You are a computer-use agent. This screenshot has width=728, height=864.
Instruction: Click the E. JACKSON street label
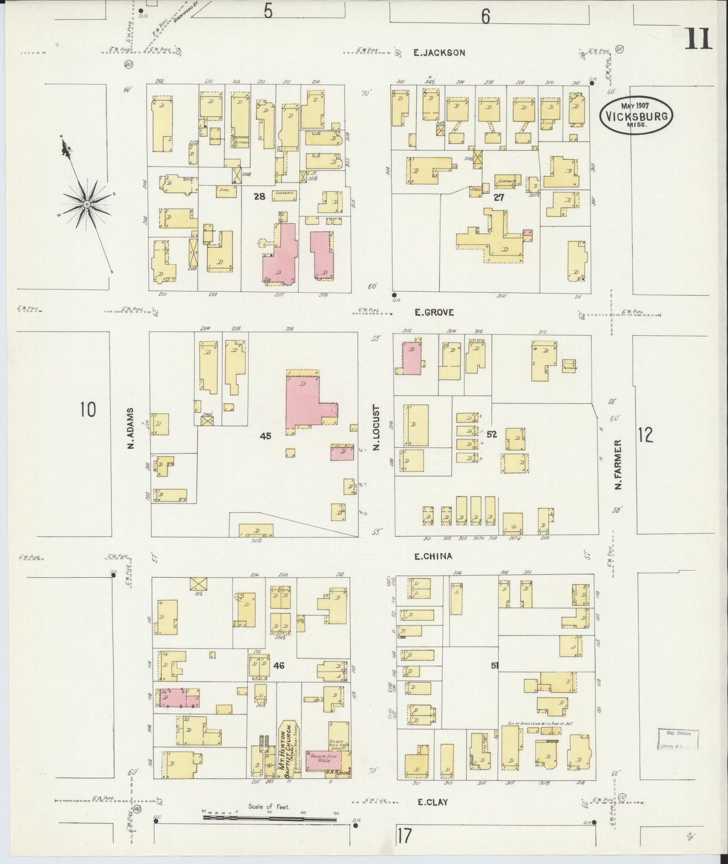(439, 52)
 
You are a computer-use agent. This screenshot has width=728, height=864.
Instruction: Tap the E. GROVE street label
(434, 313)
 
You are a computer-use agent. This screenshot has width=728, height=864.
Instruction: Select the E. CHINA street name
(433, 557)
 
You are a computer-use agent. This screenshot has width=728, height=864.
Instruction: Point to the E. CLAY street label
(431, 801)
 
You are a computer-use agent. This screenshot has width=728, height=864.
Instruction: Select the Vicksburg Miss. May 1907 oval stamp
(637, 115)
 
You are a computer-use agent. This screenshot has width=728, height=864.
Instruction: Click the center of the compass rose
(87, 204)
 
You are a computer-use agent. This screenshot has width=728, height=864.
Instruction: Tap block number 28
(259, 197)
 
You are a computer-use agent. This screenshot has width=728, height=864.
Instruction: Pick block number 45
(265, 436)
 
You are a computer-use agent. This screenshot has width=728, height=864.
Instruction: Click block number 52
(492, 434)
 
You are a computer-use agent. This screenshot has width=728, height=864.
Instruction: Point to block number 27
(499, 198)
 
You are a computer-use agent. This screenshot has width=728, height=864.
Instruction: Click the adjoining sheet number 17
(404, 835)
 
